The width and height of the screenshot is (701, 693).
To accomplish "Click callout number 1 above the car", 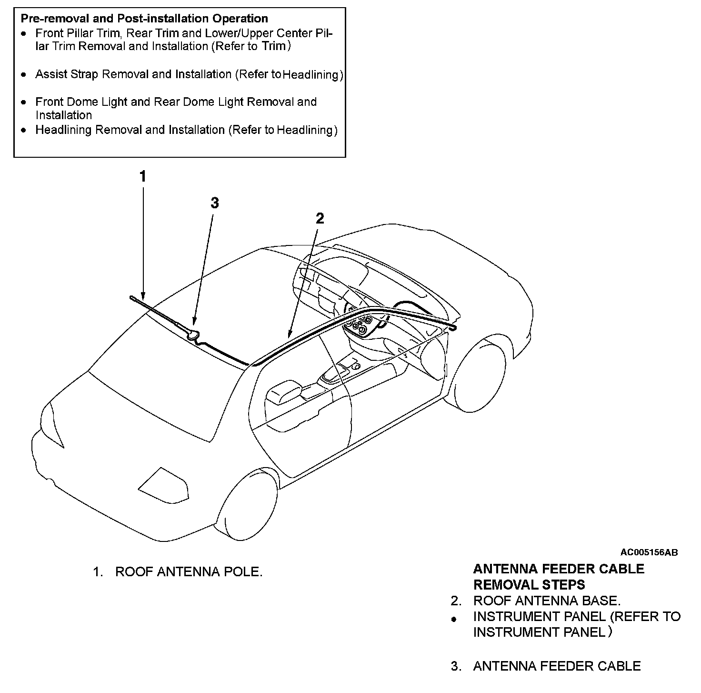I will click(x=142, y=177).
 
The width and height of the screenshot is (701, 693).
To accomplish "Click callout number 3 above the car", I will click(x=215, y=203).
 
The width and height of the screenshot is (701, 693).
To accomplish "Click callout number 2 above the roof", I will click(x=320, y=218).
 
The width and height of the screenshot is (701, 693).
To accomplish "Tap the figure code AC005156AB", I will click(x=649, y=552).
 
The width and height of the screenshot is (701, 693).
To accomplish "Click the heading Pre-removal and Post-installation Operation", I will click(x=144, y=19).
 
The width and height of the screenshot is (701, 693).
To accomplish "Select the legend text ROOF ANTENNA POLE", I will click(x=189, y=571).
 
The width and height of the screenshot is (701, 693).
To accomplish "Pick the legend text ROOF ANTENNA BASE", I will click(x=547, y=601).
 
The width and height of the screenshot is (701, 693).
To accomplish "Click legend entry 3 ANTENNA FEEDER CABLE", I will click(x=557, y=666).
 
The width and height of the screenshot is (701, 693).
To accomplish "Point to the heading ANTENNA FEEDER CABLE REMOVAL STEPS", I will click(x=558, y=576).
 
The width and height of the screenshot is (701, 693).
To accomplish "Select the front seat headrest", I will click(x=283, y=391).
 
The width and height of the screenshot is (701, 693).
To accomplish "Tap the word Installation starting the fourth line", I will click(x=64, y=115).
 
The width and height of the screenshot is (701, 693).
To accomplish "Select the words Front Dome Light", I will click(x=81, y=102).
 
